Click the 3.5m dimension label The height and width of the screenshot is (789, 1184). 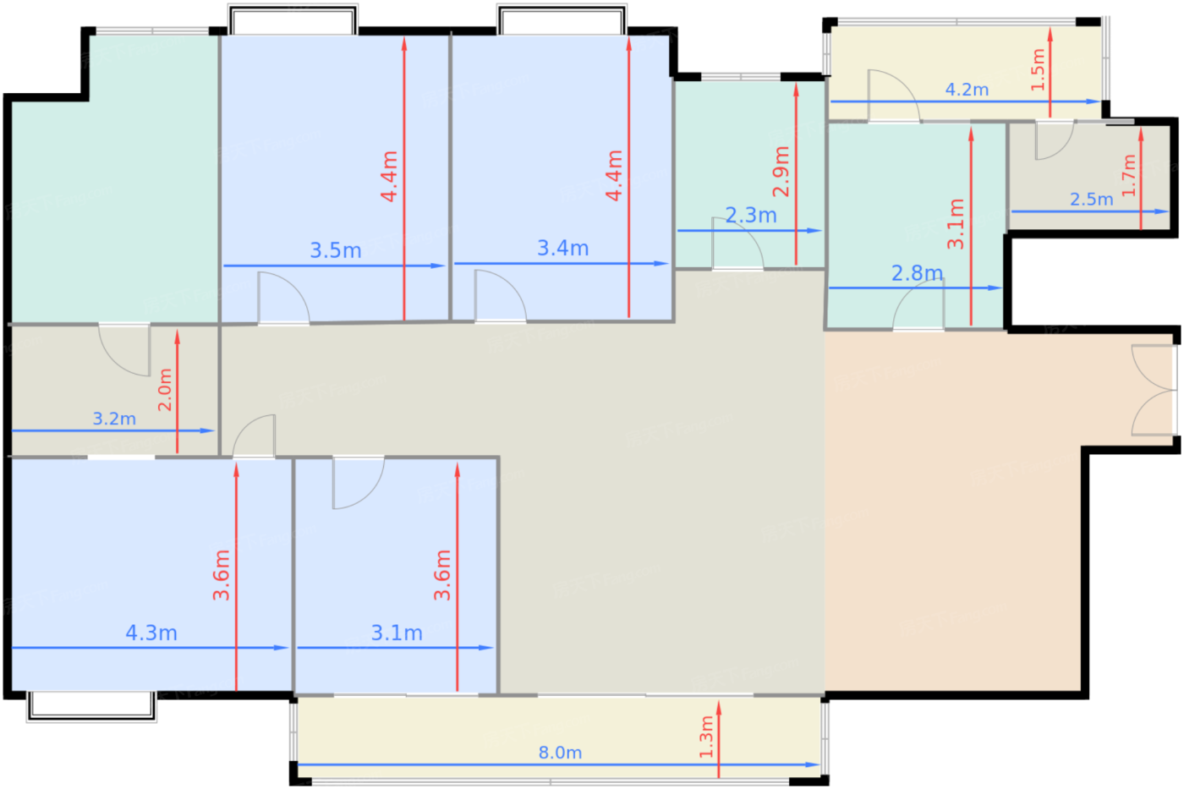tap(336, 250)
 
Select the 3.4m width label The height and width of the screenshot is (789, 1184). tap(563, 249)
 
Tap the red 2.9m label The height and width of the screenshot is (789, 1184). tap(781, 172)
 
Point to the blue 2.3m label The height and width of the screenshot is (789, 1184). tap(751, 216)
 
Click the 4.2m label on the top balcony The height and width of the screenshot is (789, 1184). tap(967, 90)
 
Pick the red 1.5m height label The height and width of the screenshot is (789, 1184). tap(1039, 69)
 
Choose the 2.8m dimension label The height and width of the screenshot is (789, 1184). tap(917, 273)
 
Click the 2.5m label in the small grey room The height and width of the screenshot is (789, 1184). tap(1092, 200)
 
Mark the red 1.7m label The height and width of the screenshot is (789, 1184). tap(1128, 175)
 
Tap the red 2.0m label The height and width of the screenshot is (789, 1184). tap(165, 390)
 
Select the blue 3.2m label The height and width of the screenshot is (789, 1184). tap(114, 419)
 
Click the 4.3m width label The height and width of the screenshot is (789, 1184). tap(151, 633)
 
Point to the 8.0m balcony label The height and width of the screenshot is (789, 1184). tap(560, 753)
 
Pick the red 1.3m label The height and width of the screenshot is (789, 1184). tap(706, 737)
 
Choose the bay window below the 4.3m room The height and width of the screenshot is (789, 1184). tap(91, 707)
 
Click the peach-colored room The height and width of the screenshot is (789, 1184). tap(951, 512)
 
